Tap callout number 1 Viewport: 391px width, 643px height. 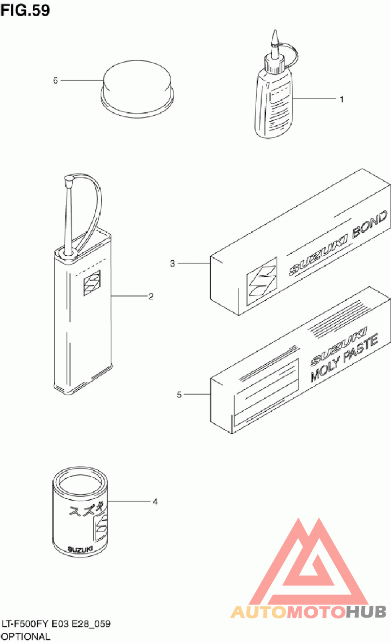click(x=342, y=99)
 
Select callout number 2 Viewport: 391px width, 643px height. click(x=151, y=296)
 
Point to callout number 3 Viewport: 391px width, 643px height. click(x=173, y=264)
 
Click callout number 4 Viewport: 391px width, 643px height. click(x=155, y=502)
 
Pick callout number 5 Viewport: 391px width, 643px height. click(x=179, y=395)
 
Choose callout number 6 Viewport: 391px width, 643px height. click(x=55, y=80)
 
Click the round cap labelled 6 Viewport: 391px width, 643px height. click(x=137, y=88)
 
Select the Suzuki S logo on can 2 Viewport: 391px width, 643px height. click(x=92, y=283)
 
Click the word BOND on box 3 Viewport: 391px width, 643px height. click(x=369, y=224)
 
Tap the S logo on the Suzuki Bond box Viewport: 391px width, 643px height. click(x=262, y=281)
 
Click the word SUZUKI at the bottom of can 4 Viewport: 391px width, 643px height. click(x=80, y=549)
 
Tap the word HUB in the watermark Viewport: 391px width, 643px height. click(x=366, y=612)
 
